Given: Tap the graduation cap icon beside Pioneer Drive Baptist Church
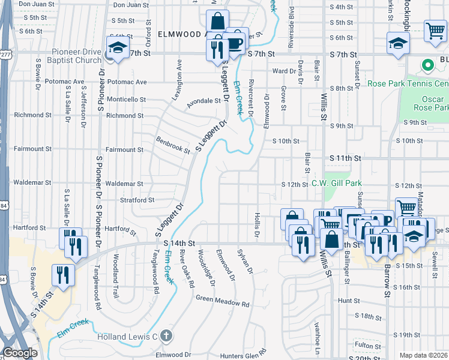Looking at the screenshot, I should click(x=118, y=47).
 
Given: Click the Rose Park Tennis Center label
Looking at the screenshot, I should click(x=408, y=83).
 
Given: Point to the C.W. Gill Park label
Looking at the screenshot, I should click(x=339, y=184).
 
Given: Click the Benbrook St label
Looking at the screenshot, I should click(x=173, y=146).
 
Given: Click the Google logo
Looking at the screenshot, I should click(x=20, y=353).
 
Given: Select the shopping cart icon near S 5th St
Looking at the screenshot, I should click(x=435, y=31).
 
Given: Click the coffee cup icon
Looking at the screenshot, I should click(x=235, y=41).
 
